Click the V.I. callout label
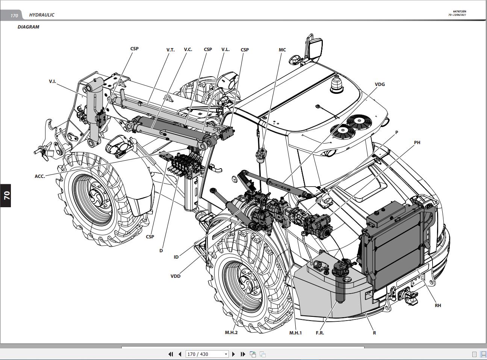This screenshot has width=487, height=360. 52,81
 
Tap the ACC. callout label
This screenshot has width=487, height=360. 40,176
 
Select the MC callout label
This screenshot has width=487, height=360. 282,50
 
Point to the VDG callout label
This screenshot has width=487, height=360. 380,84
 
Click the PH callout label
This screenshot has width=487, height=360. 417,142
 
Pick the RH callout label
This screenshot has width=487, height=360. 438,305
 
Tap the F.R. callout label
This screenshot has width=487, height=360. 320,333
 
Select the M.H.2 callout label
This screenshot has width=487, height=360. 231,332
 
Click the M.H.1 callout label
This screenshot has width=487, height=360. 295,333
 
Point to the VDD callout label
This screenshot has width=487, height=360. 175,276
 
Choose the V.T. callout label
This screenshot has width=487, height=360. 170,50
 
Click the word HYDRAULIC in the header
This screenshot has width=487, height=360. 42,15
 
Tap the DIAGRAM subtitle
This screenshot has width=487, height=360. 28,27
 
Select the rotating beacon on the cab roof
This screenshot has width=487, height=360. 336,84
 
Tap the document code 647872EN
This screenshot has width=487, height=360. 459,11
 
